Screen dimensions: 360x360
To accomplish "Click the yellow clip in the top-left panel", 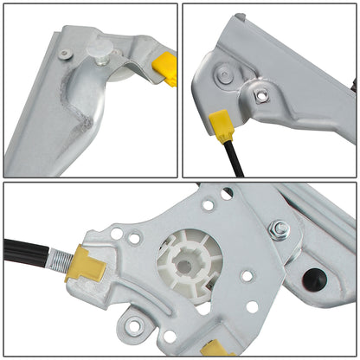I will (164, 69).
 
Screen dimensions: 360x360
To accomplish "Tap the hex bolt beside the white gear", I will (280, 229).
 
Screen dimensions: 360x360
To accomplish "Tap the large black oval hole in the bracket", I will (315, 279).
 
